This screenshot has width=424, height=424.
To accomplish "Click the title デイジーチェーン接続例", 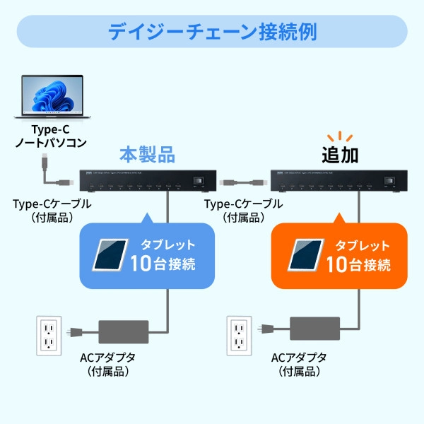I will (x=212, y=32).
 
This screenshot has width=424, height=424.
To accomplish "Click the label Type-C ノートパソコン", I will (x=50, y=136).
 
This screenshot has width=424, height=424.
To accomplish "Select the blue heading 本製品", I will (x=146, y=155).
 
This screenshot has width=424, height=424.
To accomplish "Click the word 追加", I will (x=344, y=155).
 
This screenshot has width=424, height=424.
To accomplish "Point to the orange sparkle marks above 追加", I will (x=344, y=136).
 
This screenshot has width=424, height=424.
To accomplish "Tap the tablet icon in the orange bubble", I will (x=307, y=255).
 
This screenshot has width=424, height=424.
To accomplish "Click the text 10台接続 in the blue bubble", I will (x=163, y=265).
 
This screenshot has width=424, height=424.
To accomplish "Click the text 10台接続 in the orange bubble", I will (x=358, y=265).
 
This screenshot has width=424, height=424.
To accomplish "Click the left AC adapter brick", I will (x=123, y=331).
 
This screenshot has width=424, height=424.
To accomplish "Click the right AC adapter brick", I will (x=314, y=331).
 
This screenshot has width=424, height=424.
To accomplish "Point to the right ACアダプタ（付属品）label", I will (x=300, y=363).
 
